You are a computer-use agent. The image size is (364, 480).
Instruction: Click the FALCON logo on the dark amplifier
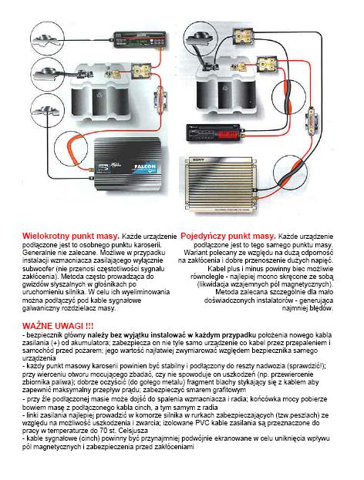(x=145, y=167)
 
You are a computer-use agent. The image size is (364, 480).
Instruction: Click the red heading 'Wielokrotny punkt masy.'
(x=71, y=237)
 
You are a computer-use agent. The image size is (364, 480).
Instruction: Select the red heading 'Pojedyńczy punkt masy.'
(x=228, y=237)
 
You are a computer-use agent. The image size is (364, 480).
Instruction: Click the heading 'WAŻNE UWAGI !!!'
(x=58, y=325)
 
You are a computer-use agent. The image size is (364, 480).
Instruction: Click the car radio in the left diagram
(x=140, y=39)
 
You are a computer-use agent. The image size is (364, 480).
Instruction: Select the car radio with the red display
(x=213, y=133)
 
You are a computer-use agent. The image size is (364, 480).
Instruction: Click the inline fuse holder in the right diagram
(x=312, y=118)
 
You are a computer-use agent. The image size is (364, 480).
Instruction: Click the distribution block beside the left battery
(x=141, y=71)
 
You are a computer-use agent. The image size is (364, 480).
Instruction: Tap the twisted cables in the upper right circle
(x=288, y=96)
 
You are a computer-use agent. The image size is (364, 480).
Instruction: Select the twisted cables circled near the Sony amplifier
(x=290, y=173)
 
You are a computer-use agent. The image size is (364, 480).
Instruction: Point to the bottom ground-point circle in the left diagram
(x=48, y=110)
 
